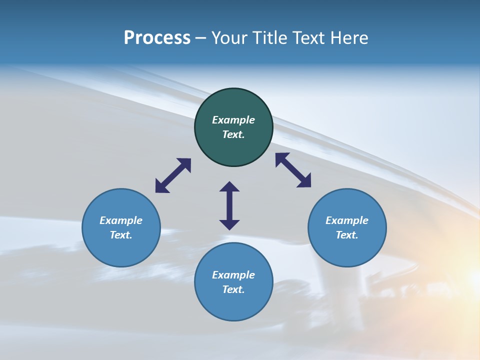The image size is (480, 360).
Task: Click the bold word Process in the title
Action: (x=157, y=38)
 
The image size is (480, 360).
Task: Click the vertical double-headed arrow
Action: (x=229, y=205)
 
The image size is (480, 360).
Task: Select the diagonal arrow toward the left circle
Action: (x=173, y=175)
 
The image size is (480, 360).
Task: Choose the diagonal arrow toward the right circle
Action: (x=293, y=170)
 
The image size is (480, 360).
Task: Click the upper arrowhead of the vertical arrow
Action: (x=229, y=186)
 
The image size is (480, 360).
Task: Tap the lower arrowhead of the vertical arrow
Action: (x=229, y=224)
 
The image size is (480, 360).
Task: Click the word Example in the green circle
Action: (x=233, y=120)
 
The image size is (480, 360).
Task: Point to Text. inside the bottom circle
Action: (x=233, y=289)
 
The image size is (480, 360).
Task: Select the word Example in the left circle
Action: (x=121, y=220)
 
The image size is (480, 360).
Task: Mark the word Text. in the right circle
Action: (x=347, y=235)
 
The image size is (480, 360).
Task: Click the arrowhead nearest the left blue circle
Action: (x=161, y=187)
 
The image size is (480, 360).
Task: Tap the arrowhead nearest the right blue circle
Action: (x=305, y=181)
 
